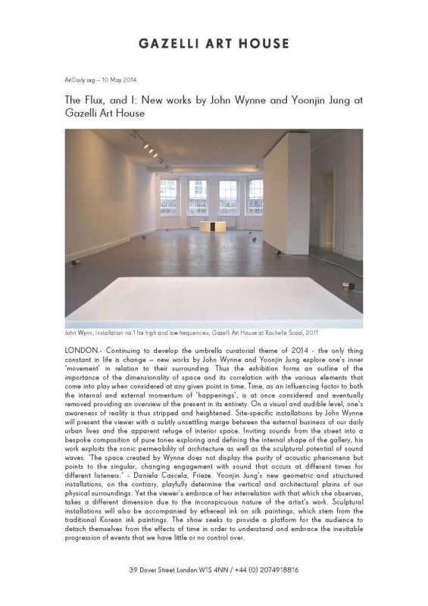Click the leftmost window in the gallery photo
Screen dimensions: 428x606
pos(169,196)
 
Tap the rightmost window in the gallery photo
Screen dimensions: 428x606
pos(255,196)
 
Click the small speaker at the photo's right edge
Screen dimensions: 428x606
pos(348,286)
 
